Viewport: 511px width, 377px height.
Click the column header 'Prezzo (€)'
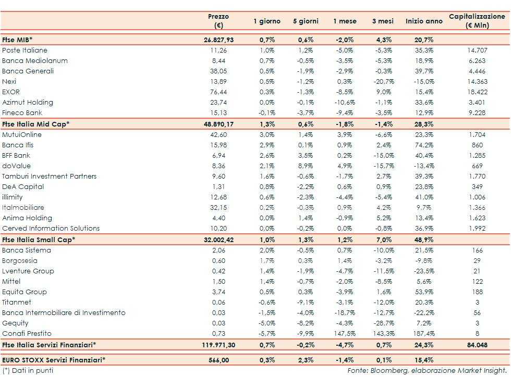pos(218,21)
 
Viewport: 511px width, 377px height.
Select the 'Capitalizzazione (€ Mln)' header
pos(477,21)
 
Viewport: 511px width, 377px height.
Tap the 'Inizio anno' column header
pos(424,21)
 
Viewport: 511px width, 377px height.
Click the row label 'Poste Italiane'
pos(25,51)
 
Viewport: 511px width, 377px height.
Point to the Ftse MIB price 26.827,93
pos(218,40)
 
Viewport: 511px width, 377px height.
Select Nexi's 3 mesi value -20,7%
pos(384,82)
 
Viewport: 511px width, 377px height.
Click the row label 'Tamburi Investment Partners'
pos(50,177)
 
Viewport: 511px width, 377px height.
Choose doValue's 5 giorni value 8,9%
pos(306,166)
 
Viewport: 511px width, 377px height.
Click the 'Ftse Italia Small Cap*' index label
pos(39,240)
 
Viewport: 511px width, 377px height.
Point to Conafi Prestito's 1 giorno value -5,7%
pos(266,334)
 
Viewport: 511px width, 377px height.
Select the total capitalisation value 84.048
pos(477,345)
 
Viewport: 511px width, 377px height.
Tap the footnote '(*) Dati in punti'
pos(28,370)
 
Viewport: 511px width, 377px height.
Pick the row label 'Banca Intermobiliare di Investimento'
pos(64,313)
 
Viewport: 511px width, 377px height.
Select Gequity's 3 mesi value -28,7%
pos(384,323)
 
